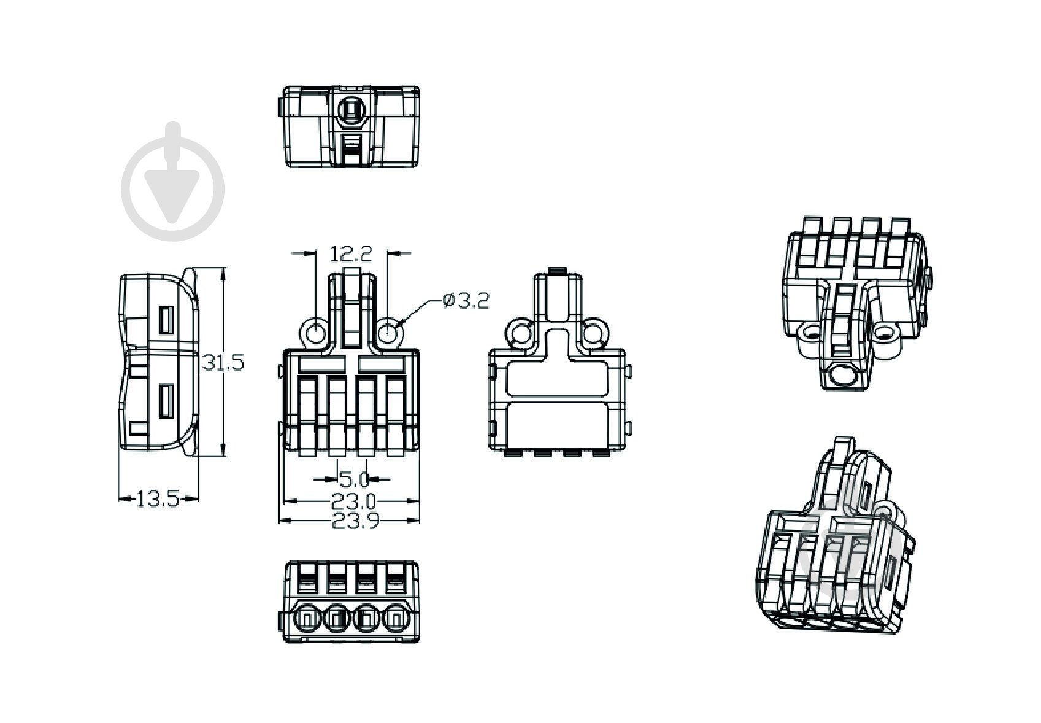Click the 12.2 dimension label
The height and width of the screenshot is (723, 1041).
pyautogui.click(x=351, y=254)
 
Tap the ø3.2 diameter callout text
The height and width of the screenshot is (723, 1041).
pyautogui.click(x=466, y=301)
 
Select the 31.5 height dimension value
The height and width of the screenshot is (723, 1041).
pyautogui.click(x=223, y=362)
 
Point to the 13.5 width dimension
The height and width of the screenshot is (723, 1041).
pyautogui.click(x=158, y=500)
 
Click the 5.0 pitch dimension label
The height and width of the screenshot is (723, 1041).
pyautogui.click(x=354, y=479)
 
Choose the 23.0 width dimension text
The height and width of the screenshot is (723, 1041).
pyautogui.click(x=353, y=501)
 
